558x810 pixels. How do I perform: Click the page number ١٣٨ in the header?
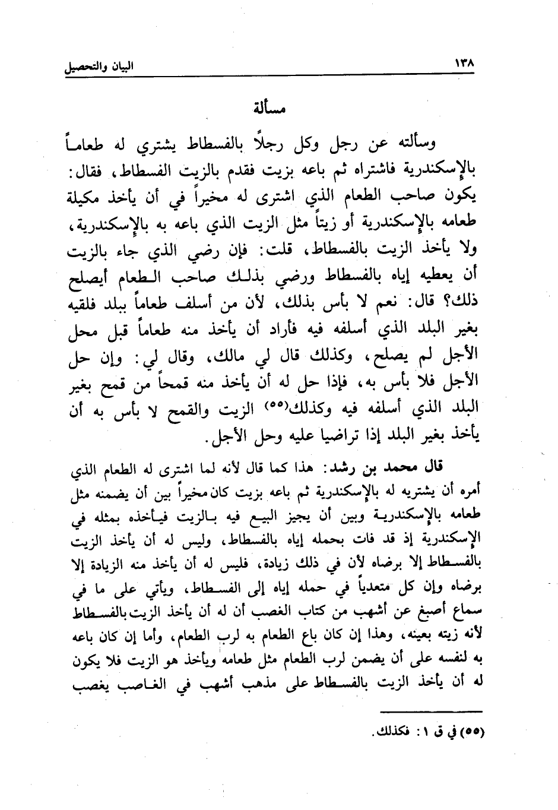pos(467,62)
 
